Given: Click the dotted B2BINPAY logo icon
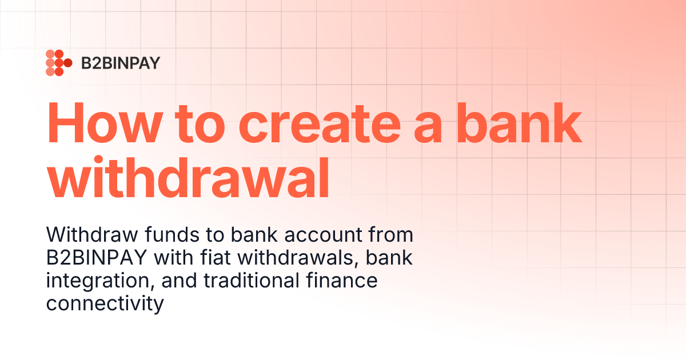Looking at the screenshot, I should [58, 63].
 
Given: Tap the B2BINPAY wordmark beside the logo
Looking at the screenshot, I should [121, 63].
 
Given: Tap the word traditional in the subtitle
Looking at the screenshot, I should [252, 281].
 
